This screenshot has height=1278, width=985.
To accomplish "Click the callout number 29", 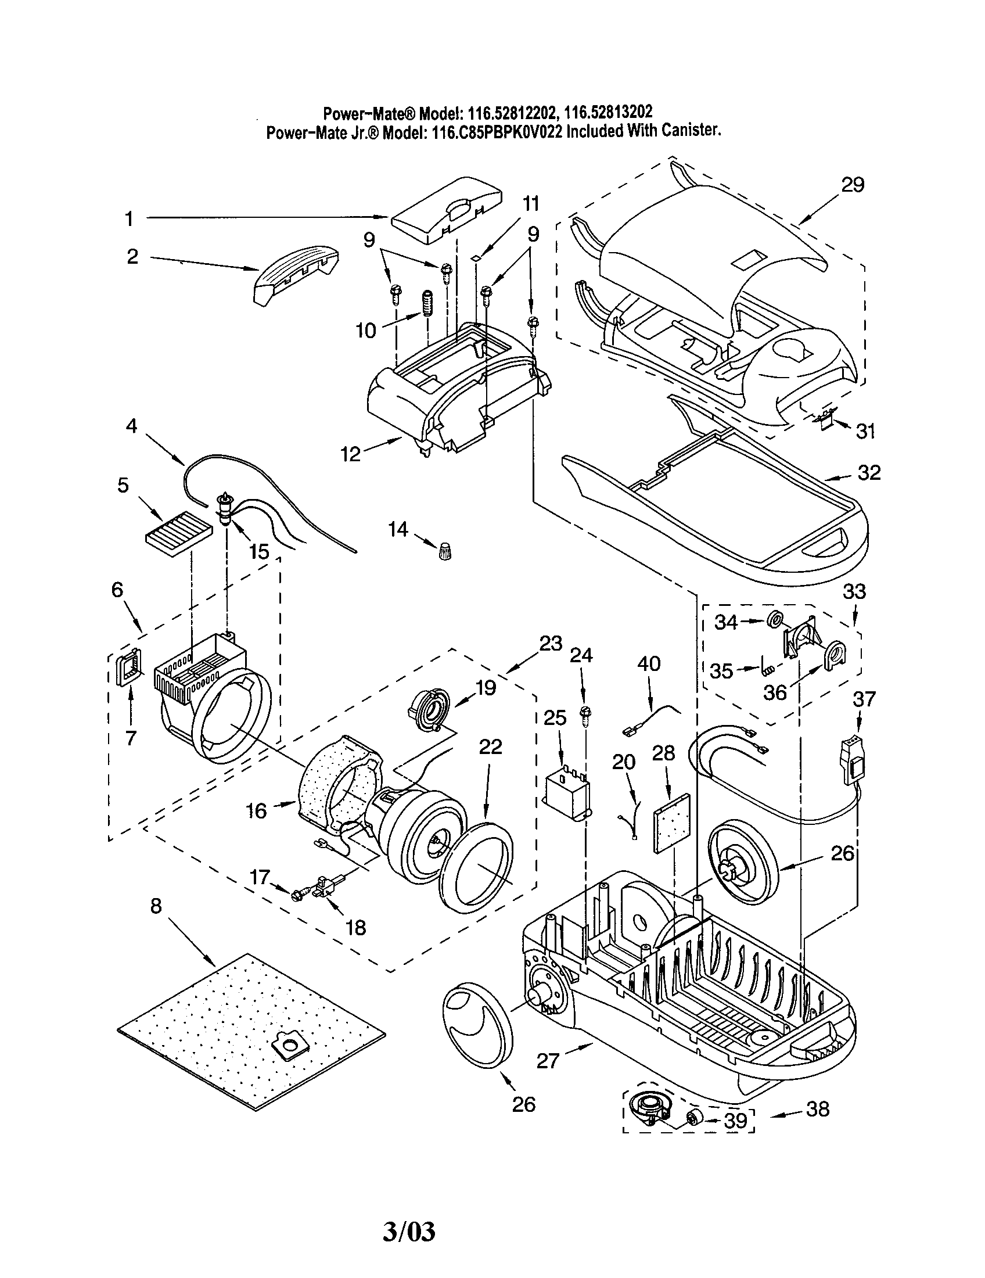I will tap(852, 185).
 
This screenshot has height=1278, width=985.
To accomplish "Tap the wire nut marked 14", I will tap(446, 550).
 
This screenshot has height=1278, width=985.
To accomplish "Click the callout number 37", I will tap(864, 699).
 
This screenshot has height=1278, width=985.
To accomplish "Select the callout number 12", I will tap(351, 454).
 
